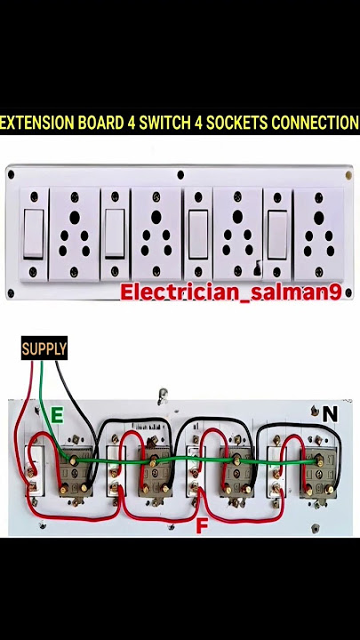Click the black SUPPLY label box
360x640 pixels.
point(44,348)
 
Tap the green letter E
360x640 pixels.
point(57,416)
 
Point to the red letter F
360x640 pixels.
point(202,526)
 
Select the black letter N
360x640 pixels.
point(330,414)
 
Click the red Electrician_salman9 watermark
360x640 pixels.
point(230,292)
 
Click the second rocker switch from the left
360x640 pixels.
point(115,234)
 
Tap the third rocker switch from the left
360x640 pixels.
point(198,234)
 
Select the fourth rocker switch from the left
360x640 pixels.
point(277,235)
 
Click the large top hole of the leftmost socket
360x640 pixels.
point(75,218)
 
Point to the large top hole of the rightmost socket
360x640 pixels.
point(319,218)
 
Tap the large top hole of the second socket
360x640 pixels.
point(156,217)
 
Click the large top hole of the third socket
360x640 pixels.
point(237,217)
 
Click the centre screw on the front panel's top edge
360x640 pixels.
point(180,175)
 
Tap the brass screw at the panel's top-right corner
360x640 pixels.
point(348,175)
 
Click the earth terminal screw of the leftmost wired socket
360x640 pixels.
point(74,461)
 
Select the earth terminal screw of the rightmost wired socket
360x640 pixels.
point(319,461)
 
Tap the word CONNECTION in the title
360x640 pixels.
point(315,123)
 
